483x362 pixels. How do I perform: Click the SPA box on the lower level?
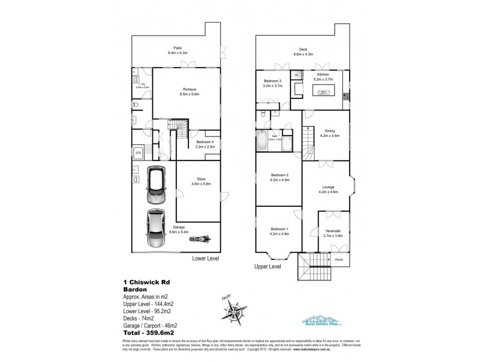pos(138,152)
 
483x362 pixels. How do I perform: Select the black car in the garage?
pos(156,185)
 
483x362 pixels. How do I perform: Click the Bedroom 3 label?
pos(272,83)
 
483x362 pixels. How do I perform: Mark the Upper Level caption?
pos(267,266)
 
